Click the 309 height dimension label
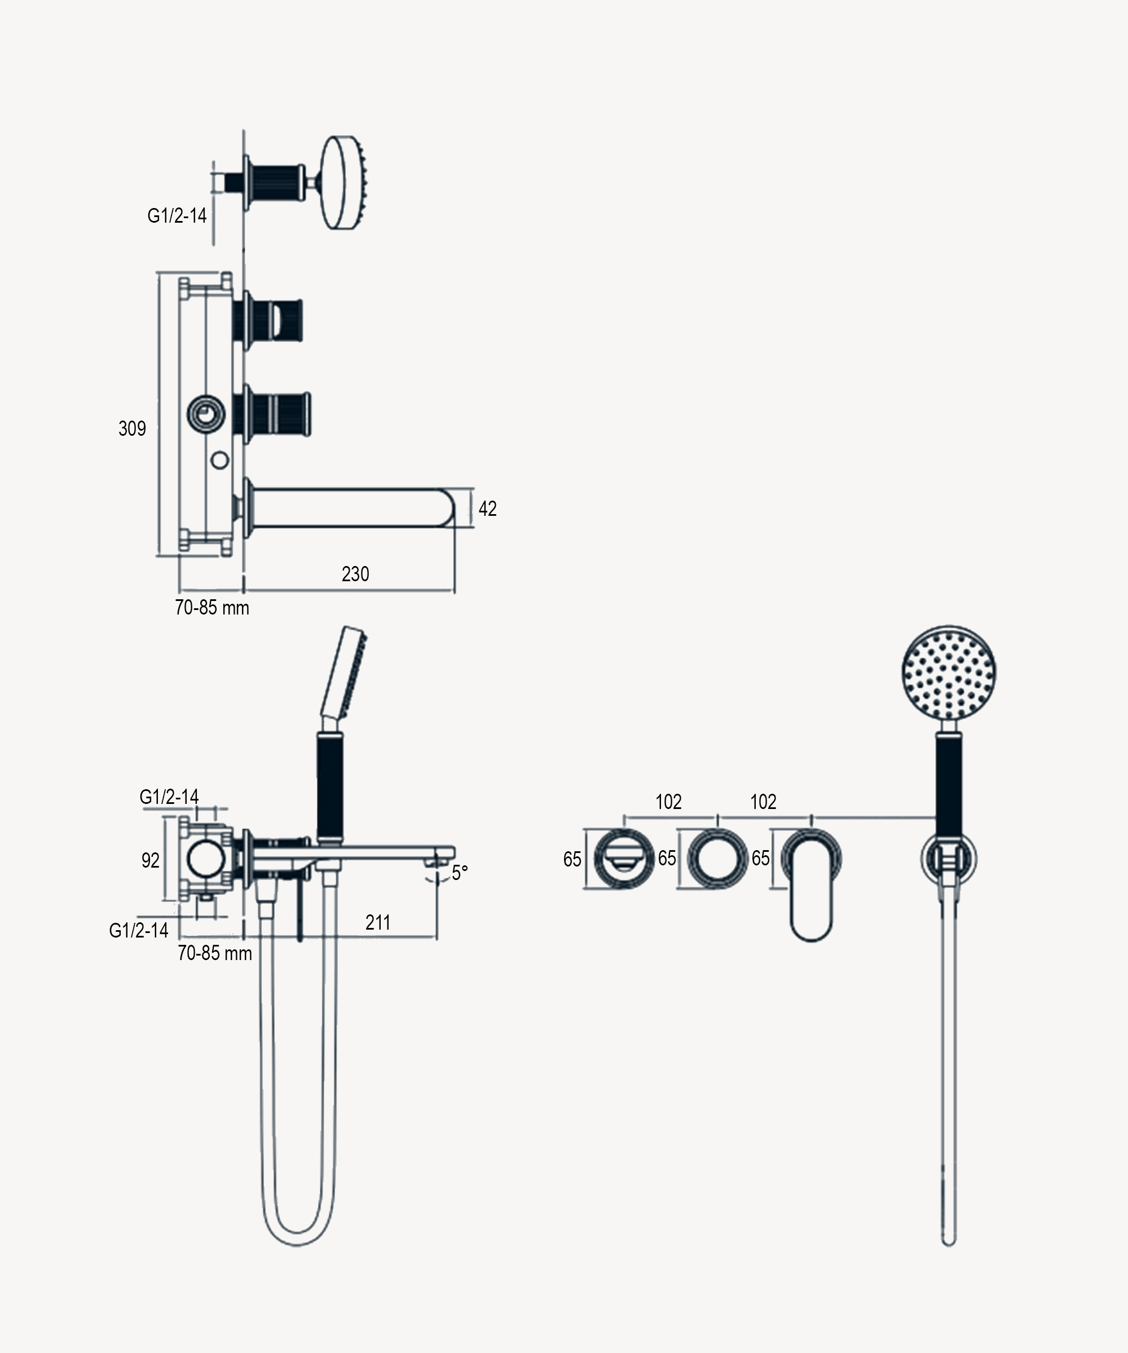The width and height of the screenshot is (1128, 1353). [132, 428]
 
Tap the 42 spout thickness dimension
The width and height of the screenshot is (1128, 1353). [487, 509]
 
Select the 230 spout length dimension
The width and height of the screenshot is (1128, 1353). [355, 574]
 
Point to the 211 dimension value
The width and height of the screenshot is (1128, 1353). [378, 923]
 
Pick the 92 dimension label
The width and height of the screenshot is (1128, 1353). [150, 860]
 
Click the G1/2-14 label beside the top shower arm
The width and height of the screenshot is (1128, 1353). [177, 216]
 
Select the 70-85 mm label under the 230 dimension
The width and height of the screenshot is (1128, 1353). [212, 608]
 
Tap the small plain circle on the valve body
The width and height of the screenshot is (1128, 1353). [220, 460]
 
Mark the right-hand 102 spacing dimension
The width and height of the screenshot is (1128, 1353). [763, 802]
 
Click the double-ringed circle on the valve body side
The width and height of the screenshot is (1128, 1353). [206, 414]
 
